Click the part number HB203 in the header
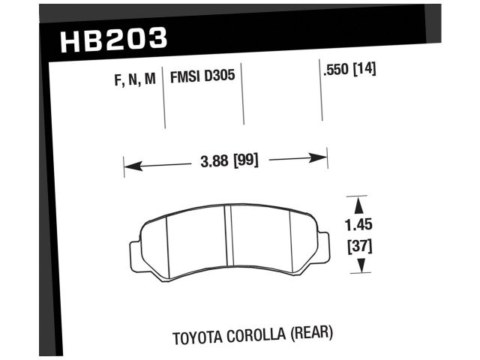pos(113,40)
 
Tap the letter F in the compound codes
pos(118,78)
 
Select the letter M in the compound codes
pos(149,78)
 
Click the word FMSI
pos(186,77)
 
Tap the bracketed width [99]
pos(245,160)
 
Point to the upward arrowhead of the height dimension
pos(360,203)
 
